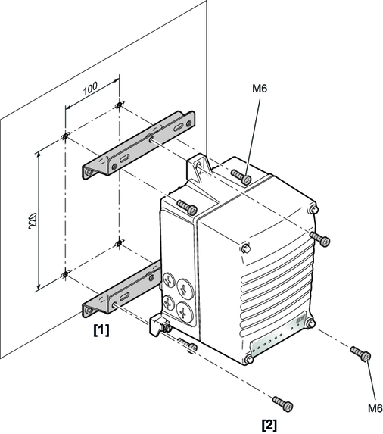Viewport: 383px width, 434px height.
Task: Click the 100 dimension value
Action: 90,88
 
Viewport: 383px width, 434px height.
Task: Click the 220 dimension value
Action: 33,221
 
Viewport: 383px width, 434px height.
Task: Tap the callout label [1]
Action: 101,330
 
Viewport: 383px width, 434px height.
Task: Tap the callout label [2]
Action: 269,425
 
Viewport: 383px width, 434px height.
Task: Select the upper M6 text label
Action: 260,89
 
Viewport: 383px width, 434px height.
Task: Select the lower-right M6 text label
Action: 375,408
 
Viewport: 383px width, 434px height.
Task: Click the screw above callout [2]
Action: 282,404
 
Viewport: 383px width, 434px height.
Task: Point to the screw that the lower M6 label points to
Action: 360,354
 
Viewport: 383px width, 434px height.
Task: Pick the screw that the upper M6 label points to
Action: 241,177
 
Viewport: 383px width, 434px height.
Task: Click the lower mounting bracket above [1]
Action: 122,289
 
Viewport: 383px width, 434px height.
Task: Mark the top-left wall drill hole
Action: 65,136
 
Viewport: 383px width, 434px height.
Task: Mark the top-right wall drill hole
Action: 119,105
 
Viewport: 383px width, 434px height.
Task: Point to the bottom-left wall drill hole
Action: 65,275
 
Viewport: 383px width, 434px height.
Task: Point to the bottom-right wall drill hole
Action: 119,244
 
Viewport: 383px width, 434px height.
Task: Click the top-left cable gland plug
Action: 169,280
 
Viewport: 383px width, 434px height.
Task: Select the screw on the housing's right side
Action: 319,239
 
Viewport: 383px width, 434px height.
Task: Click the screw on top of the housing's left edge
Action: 187,207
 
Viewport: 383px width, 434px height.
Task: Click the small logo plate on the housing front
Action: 300,320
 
